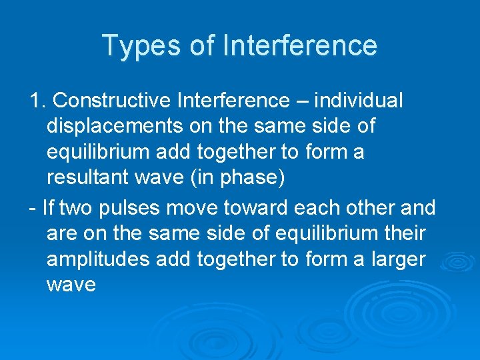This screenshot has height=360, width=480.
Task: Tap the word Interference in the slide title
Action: point(300,45)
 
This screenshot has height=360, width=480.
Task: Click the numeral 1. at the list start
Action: point(37,101)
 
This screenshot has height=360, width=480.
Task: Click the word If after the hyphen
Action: point(48,208)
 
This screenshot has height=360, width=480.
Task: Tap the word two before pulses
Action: point(76,208)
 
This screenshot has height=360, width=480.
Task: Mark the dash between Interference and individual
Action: point(304,101)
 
